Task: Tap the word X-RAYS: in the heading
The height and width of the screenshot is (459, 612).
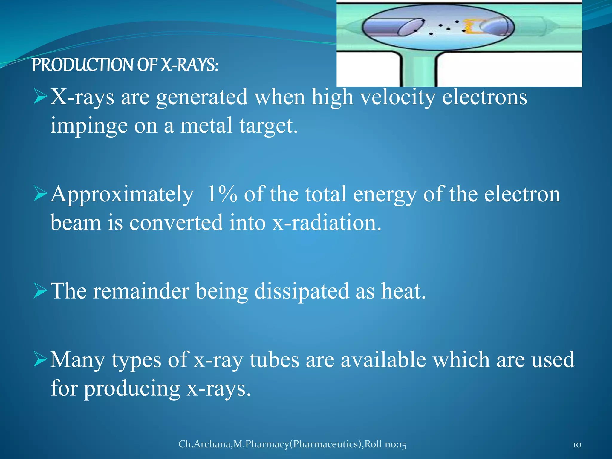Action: (x=189, y=65)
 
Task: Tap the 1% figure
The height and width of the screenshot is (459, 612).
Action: (x=222, y=194)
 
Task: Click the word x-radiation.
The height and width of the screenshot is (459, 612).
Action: (x=327, y=223)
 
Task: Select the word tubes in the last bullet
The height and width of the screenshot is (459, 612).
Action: (x=274, y=359)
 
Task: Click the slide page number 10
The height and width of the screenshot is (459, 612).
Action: (x=577, y=445)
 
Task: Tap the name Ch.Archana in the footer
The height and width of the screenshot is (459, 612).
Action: (x=205, y=444)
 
